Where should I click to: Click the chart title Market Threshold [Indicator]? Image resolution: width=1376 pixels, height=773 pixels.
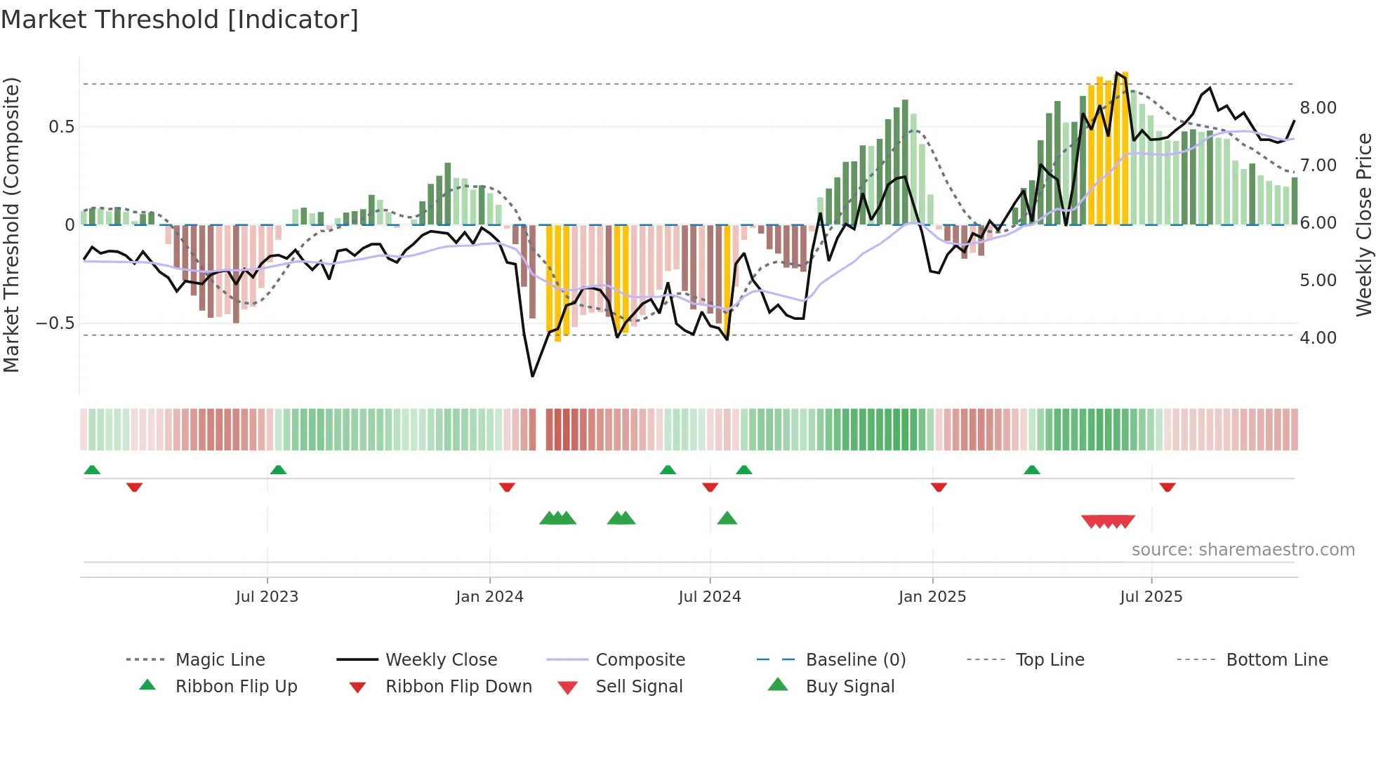coord(180,20)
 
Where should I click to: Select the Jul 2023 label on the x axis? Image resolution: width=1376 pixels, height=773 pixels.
coord(267,597)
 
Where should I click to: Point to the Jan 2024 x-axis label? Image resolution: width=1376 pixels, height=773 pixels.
coord(489,597)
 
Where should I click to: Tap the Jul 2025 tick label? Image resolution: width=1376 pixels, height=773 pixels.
coord(1151,597)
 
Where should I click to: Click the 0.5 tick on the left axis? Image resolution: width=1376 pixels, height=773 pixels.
coord(61,127)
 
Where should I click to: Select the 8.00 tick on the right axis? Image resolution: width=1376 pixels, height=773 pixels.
coord(1318,108)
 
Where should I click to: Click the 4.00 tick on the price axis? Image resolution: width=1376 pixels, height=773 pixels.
coord(1318,338)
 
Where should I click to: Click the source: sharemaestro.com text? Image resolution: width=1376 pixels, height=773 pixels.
coord(1243,550)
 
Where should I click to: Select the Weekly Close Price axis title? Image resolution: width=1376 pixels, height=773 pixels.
coord(1363,224)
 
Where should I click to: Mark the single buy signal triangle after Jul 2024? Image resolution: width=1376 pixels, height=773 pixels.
coord(727,518)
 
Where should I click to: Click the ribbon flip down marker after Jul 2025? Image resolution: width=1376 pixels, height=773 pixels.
coord(1167,487)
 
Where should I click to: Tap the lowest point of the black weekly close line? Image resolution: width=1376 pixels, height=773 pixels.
coord(533,377)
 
